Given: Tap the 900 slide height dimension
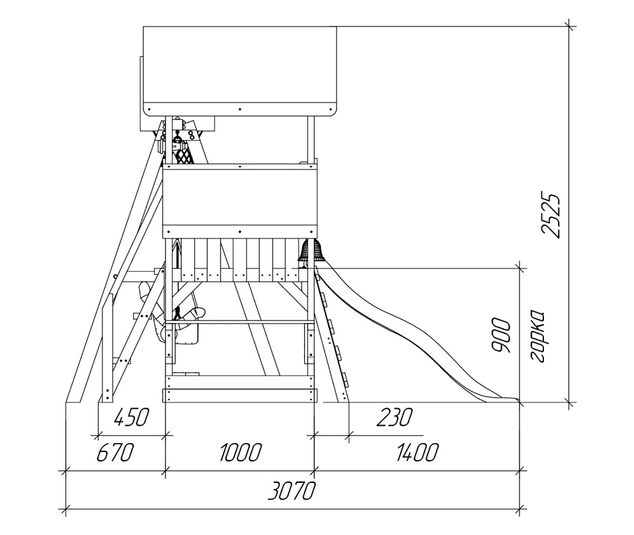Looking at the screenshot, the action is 501,336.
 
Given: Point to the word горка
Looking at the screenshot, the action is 536,336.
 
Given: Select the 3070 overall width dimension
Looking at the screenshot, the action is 291,491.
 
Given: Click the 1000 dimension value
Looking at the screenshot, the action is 240,452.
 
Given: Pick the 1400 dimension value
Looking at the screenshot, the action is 417,452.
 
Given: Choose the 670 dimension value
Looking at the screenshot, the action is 115,452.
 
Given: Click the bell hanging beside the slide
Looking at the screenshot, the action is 311,250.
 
